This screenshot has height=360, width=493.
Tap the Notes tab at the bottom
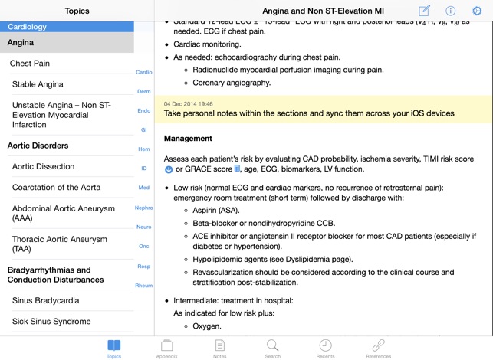tap(219, 349)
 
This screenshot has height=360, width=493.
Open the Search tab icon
tap(272, 349)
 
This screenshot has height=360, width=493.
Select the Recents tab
tap(325, 349)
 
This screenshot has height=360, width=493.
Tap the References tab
tap(378, 349)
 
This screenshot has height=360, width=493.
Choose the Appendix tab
tap(166, 349)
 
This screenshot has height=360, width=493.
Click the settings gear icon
tap(476, 11)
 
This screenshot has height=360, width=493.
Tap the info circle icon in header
tap(451, 11)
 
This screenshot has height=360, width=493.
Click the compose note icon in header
tap(425, 11)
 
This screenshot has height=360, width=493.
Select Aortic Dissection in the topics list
tap(44, 166)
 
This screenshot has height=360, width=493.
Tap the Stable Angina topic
tap(38, 84)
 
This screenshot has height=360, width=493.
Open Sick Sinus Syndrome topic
tap(51, 322)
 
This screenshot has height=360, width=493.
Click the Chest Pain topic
tap(30, 64)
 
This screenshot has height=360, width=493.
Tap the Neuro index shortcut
tap(143, 227)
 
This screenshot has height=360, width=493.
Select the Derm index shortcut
tap(143, 91)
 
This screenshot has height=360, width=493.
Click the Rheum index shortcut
tap(143, 286)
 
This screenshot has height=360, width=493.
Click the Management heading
tap(188, 139)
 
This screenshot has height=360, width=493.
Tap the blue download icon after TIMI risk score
tap(169, 169)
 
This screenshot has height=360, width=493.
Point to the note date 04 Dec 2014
tap(189, 103)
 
